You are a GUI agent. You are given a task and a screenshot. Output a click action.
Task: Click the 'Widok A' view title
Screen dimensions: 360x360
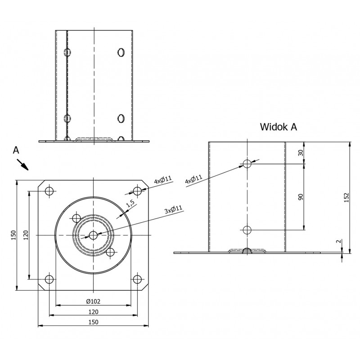tap(278, 127)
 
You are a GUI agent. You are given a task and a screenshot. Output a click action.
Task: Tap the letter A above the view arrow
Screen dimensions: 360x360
tap(16, 150)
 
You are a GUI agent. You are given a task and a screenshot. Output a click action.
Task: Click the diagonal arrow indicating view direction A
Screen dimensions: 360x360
tap(22, 165)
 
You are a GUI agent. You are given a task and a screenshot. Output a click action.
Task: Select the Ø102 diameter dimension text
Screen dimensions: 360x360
tap(94, 301)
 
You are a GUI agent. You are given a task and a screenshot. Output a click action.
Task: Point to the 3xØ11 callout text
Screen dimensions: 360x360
tap(174, 209)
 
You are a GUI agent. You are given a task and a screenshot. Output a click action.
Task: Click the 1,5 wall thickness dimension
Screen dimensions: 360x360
tap(130, 204)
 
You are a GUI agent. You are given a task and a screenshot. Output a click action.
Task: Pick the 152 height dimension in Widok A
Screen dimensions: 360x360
tap(346, 198)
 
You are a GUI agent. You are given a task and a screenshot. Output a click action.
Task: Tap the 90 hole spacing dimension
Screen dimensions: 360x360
tap(301, 197)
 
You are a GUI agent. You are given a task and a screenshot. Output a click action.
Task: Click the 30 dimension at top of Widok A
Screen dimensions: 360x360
tap(301, 153)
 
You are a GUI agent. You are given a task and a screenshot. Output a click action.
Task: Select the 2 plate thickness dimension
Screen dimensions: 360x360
tap(338, 241)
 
